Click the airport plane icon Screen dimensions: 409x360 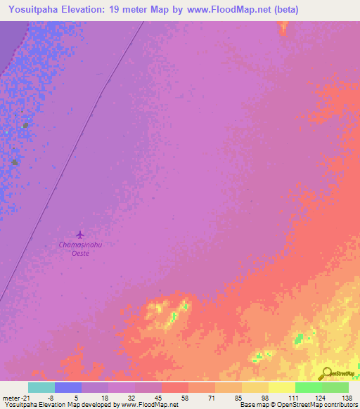(79, 234)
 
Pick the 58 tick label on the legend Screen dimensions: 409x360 (165, 398)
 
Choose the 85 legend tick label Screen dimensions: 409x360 (219, 398)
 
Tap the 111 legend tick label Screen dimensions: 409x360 (272, 398)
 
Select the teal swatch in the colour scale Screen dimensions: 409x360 (41, 387)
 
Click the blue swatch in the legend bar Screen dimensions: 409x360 (68, 387)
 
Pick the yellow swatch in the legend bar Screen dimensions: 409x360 (282, 387)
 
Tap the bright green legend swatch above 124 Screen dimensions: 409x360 (309, 387)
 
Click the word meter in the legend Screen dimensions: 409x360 (12, 398)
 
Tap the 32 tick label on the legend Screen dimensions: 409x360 (111, 398)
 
